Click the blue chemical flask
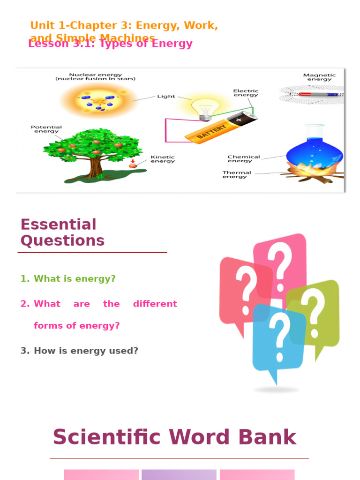(x=314, y=152)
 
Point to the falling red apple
(x=133, y=165)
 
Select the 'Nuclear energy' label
(x=96, y=76)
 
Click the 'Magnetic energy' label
(x=319, y=77)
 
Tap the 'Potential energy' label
(x=46, y=129)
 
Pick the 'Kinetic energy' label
(x=163, y=159)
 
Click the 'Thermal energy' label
(x=237, y=174)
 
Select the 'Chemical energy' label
(x=243, y=159)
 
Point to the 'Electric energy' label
(x=246, y=93)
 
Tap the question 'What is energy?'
(x=75, y=279)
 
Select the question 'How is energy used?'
(x=86, y=351)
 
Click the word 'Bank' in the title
(x=267, y=437)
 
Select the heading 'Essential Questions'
(x=62, y=232)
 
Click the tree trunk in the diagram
(x=96, y=166)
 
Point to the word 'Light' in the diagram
(x=166, y=97)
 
